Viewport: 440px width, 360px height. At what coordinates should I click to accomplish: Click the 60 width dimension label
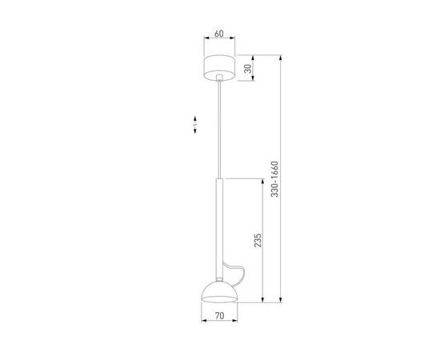coord(218,35)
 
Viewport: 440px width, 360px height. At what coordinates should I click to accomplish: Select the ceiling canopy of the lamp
coord(218,66)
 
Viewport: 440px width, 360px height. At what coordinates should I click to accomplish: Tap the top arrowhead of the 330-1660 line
coord(280,57)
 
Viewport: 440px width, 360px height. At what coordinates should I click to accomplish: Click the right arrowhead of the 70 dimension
coord(235,322)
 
